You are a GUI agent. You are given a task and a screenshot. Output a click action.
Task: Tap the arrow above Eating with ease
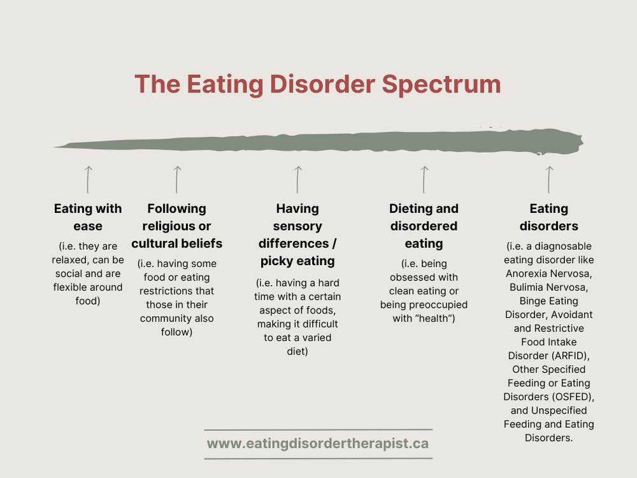88,179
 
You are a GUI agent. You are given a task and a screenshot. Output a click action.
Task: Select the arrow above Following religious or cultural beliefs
177,179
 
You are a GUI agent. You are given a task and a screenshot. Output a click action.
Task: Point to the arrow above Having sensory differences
297,179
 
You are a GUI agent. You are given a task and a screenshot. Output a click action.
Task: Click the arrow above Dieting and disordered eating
424,179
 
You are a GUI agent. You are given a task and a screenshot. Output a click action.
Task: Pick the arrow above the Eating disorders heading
549,179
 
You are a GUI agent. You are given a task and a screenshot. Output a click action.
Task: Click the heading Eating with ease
88,217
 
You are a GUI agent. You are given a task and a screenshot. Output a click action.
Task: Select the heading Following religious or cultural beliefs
177,226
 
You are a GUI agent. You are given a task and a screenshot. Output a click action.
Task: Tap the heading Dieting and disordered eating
424,226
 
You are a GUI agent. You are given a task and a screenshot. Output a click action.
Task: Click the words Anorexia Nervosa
548,273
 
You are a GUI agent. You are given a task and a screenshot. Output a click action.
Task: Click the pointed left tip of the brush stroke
56,147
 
